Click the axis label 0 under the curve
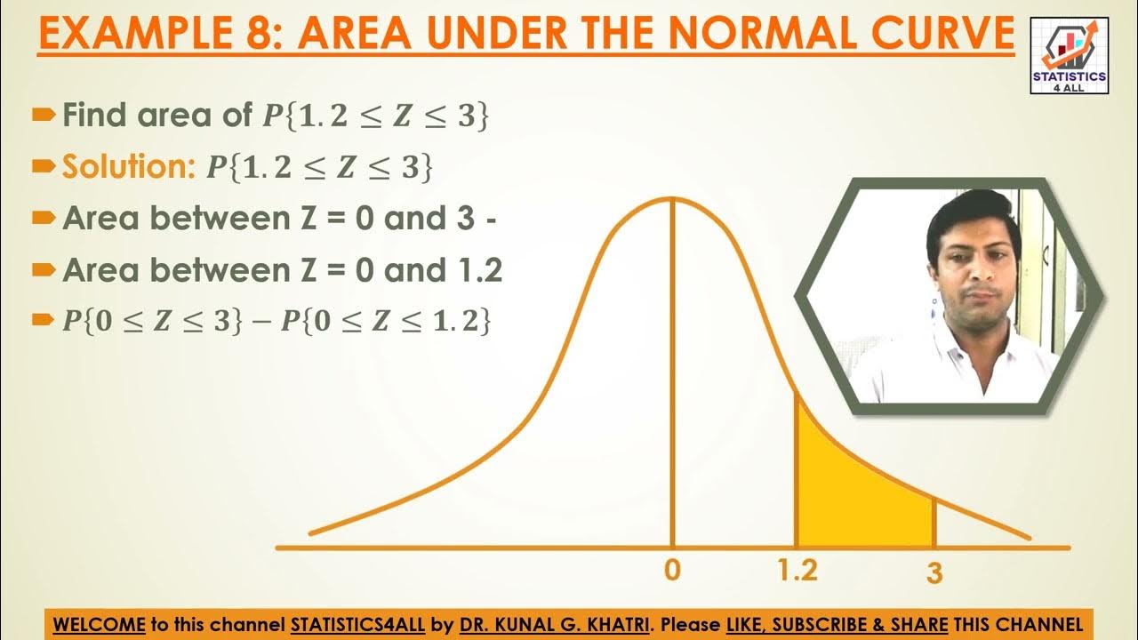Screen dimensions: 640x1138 tap(672, 571)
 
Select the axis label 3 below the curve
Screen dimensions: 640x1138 tap(934, 573)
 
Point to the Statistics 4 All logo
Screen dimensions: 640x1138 tap(1069, 56)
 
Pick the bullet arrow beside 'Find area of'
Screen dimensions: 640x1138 tap(43, 115)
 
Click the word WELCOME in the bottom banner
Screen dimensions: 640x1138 tap(99, 624)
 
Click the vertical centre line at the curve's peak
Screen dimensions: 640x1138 tap(672, 373)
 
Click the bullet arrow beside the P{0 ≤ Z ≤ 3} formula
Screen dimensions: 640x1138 tap(43, 322)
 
